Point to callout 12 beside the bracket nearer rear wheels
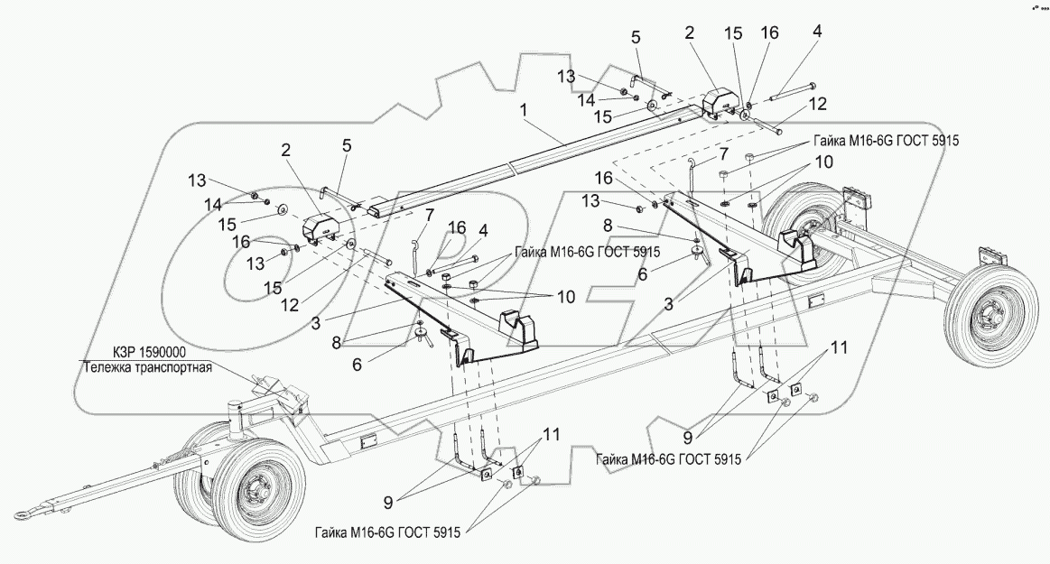[816, 105]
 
